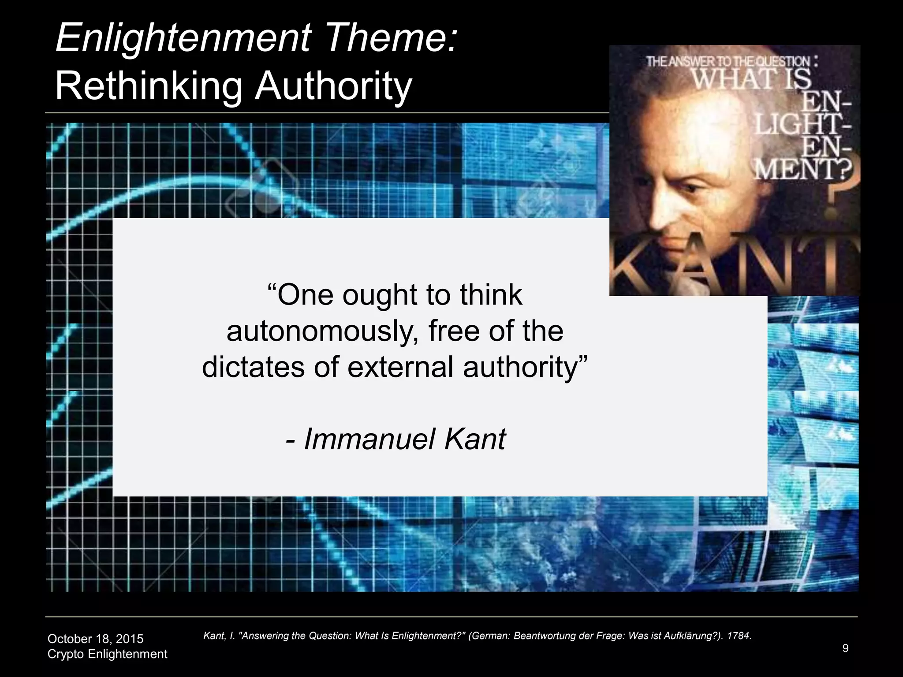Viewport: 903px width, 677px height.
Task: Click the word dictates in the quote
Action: point(253,367)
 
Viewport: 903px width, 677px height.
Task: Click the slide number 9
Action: point(845,648)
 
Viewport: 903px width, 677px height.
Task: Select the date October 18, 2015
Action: point(95,639)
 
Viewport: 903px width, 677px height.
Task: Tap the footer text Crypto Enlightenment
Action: point(107,654)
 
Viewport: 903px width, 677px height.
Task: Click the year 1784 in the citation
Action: point(739,636)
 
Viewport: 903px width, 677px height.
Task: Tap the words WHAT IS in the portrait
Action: point(751,79)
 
